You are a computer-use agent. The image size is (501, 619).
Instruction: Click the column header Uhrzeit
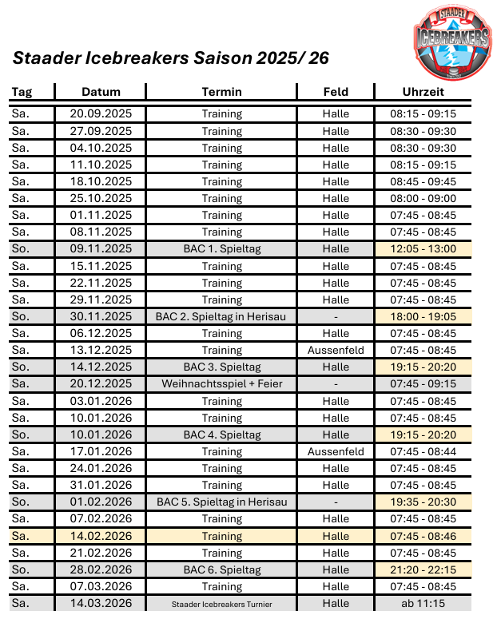[x=423, y=92]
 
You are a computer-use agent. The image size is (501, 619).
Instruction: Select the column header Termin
[x=222, y=92]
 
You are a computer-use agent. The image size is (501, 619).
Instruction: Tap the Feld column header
[x=336, y=92]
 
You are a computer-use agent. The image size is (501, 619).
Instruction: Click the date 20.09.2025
[x=101, y=114]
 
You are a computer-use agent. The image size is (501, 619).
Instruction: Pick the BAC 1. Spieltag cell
[x=222, y=249]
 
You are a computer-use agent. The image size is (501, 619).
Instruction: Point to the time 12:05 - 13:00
[x=423, y=249]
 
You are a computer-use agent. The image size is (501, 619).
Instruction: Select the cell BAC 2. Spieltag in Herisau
[x=222, y=317]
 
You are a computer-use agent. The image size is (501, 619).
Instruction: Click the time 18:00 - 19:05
[x=423, y=317]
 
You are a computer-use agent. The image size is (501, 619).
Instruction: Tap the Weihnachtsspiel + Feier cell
[x=222, y=384]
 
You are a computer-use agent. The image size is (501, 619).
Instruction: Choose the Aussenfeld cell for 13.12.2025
[x=336, y=351]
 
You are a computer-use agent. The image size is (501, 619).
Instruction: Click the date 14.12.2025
[x=101, y=367]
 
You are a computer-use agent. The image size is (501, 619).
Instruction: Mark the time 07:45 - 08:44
[x=423, y=452]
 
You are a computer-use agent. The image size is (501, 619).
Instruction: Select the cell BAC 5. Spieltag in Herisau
[x=222, y=502]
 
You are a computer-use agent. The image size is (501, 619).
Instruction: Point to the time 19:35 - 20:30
[x=423, y=502]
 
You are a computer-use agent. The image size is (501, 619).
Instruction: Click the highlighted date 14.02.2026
[x=101, y=536]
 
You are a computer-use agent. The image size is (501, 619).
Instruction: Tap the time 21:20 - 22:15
[x=423, y=570]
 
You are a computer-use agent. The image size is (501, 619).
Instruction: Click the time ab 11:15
[x=423, y=604]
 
